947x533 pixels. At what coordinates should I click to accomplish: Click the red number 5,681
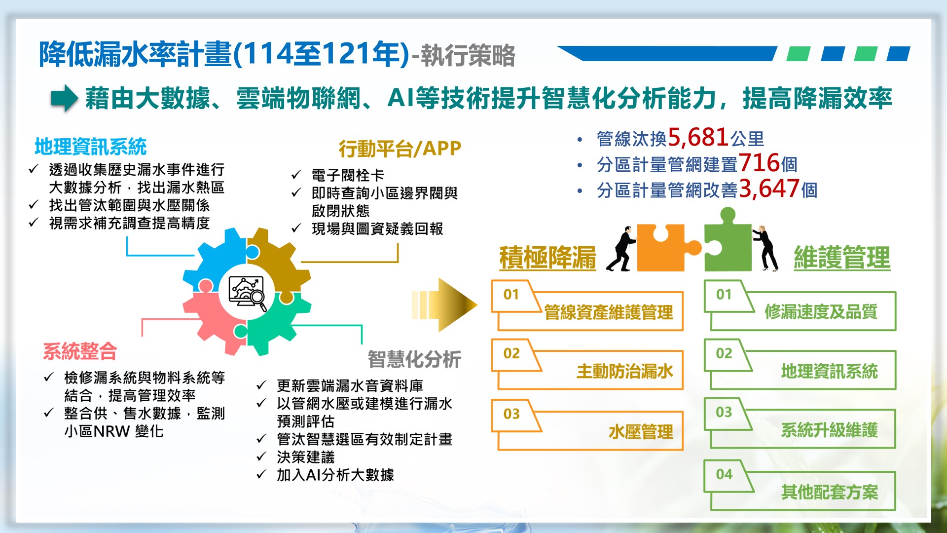698,137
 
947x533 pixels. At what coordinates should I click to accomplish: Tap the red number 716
759,163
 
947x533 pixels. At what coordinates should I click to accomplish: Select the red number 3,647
769,189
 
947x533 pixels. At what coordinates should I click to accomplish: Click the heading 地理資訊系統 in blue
91,147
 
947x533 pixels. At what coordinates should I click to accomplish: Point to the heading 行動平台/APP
400,148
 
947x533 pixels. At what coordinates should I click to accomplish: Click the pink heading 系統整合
80,351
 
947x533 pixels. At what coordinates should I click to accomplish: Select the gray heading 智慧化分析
414,359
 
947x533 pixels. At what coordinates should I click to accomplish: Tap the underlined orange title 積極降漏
547,258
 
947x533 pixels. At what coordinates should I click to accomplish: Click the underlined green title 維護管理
842,258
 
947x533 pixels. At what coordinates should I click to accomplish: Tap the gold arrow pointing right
444,305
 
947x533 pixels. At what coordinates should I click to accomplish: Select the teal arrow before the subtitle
65,98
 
